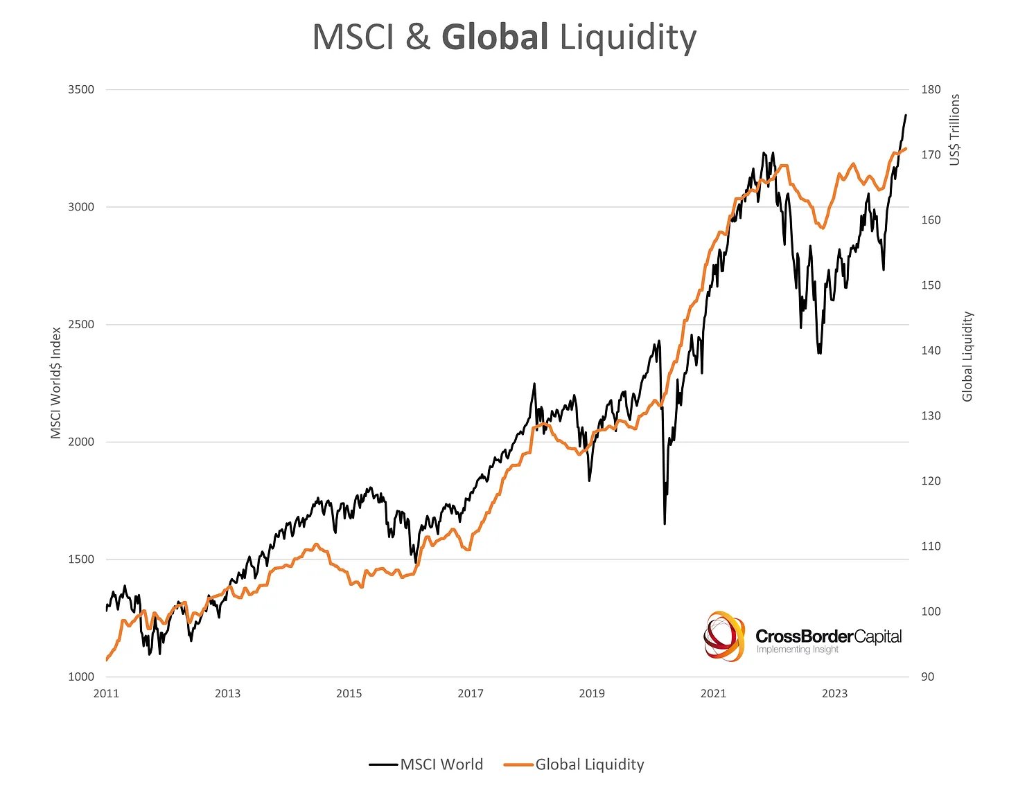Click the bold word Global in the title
point(495,37)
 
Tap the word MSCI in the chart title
point(353,37)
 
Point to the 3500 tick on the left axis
point(81,89)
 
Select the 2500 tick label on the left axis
point(81,325)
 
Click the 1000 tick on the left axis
point(81,677)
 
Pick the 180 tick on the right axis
point(931,89)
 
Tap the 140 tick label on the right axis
point(931,350)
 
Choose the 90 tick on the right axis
point(928,677)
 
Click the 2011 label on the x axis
point(106,694)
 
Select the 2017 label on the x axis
point(471,694)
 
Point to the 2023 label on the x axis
point(834,694)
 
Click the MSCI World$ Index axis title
point(56,383)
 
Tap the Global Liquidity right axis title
point(967,357)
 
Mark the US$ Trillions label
point(956,129)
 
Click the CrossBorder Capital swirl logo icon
point(724,636)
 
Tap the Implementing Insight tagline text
point(797,650)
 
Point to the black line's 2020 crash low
point(665,523)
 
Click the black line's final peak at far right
point(906,116)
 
